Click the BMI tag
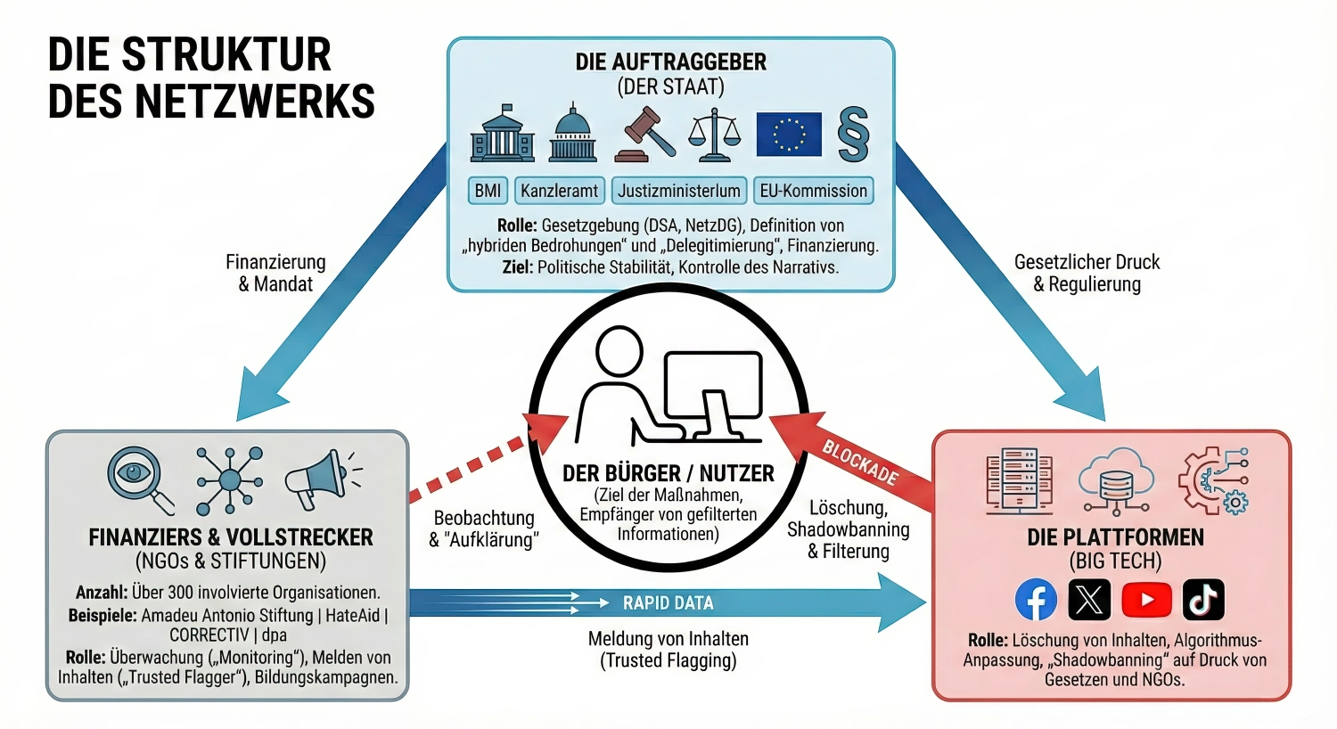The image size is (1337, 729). click(488, 191)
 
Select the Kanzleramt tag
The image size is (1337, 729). click(560, 191)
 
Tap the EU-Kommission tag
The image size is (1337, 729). click(813, 191)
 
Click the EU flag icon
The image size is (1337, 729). click(789, 135)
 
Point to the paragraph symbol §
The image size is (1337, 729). click(853, 135)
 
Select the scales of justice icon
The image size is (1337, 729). click(714, 135)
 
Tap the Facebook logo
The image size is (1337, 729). click(1036, 600)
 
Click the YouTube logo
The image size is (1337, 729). click(1146, 600)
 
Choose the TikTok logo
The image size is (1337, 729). click(1203, 600)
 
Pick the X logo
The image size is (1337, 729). click(1089, 600)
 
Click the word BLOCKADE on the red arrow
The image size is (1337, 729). click(860, 463)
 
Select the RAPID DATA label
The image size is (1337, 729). click(668, 603)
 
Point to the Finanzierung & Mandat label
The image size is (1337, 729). click(275, 273)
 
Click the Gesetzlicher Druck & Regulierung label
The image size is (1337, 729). click(1087, 273)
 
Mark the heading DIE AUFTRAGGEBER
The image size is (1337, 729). click(670, 61)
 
